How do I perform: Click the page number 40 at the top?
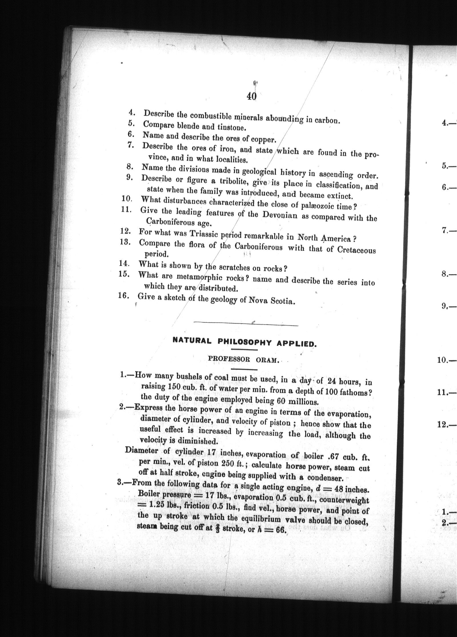pyautogui.click(x=251, y=96)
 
